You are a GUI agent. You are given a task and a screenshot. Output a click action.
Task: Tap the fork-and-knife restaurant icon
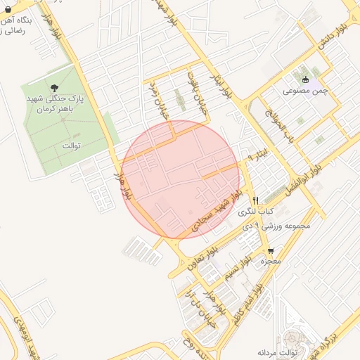[x=256, y=200]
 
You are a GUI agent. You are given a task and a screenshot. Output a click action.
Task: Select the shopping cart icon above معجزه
[x=271, y=251]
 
